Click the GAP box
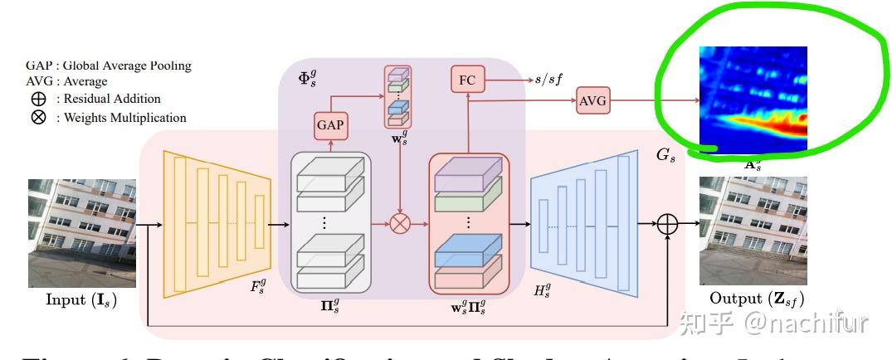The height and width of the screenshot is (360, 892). [330, 126]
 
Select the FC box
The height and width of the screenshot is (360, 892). [466, 80]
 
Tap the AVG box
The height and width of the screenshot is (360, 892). [592, 101]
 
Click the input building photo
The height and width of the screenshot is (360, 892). [82, 231]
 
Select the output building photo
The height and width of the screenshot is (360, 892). [753, 231]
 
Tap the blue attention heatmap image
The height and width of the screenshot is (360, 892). [753, 97]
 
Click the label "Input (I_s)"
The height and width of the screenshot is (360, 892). [80, 299]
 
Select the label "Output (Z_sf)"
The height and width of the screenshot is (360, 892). [757, 299]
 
